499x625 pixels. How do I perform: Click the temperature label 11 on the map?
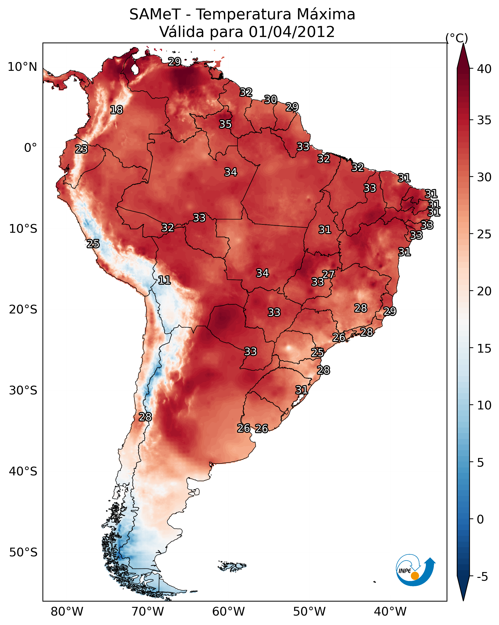[164, 280]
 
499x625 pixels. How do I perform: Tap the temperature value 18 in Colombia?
[116, 110]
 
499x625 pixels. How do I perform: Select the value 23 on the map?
[81, 149]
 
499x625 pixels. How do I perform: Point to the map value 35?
[225, 124]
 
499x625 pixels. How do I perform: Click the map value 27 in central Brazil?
[328, 274]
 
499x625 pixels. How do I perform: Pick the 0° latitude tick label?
[30, 148]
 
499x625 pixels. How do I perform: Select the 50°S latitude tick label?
[23, 552]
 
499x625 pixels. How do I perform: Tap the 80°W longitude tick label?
[67, 612]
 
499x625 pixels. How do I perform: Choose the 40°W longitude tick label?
[390, 612]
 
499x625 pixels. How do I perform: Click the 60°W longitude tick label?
[229, 612]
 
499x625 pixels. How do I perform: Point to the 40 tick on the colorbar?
[484, 69]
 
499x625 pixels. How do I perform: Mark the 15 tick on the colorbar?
[484, 349]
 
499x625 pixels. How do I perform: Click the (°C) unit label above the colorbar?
[457, 38]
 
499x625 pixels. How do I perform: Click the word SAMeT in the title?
[155, 15]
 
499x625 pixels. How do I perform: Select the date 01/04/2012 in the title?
[292, 32]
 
